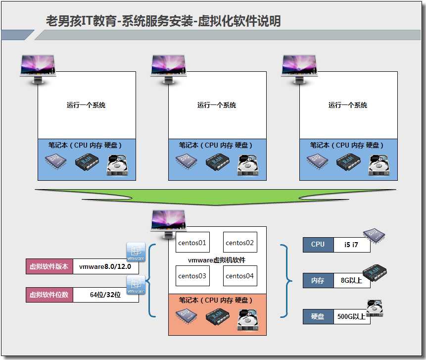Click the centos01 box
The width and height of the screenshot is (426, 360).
(191, 243)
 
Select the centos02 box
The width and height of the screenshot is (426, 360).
(240, 243)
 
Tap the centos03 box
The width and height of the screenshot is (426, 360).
(191, 276)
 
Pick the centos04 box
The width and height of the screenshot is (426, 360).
(240, 276)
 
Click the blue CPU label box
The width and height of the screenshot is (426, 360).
(318, 244)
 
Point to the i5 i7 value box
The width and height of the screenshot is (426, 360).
(352, 244)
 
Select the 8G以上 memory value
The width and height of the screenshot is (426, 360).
(352, 280)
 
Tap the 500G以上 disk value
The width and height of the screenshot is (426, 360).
(352, 316)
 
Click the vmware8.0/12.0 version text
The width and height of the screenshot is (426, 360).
(106, 266)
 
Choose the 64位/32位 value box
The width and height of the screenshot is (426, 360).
(106, 295)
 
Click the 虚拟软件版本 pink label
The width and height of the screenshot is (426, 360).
(49, 266)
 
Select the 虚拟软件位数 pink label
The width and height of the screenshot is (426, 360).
(49, 295)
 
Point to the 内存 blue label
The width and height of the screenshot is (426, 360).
(318, 280)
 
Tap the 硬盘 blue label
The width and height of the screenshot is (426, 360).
(318, 316)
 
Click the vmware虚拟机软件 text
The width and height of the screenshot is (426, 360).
(217, 259)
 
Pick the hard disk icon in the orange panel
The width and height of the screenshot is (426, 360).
(247, 319)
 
